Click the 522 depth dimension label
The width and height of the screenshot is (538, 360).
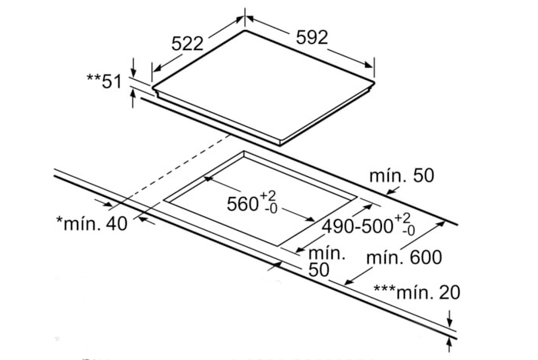[x=188, y=44]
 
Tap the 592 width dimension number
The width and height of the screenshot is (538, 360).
[x=311, y=37]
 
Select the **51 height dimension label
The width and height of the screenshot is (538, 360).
[x=105, y=80]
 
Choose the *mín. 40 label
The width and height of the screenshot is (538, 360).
[x=92, y=223]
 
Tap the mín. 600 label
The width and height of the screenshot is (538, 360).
[x=404, y=257]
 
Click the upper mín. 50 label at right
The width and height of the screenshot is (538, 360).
[x=401, y=175]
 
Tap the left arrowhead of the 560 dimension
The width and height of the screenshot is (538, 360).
[x=208, y=182]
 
